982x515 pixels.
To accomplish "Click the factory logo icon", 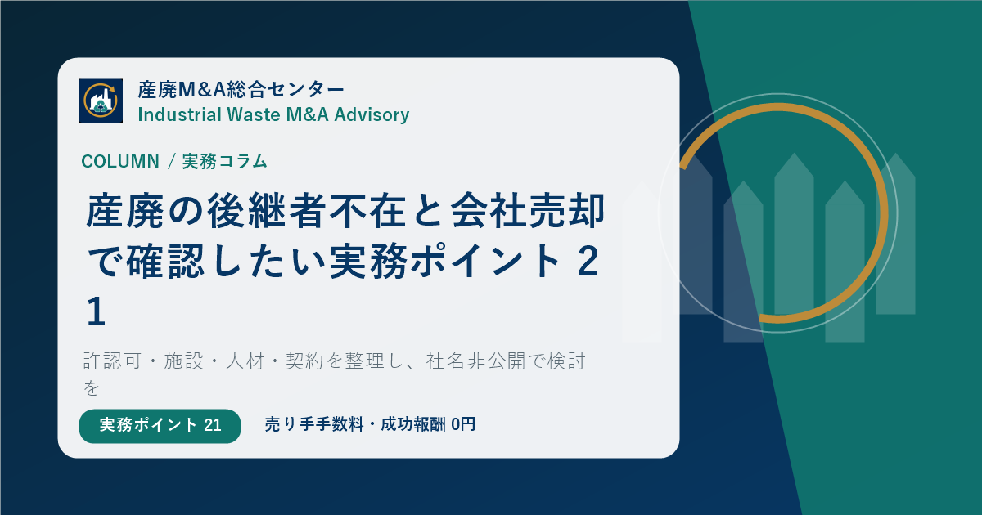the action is (x=101, y=101).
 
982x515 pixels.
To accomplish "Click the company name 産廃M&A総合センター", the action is (x=241, y=90).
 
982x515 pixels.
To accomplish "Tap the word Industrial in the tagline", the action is (x=180, y=114).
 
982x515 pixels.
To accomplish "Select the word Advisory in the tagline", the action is (x=372, y=114).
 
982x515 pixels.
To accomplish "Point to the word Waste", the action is (x=254, y=114).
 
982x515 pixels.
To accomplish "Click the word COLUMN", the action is (x=120, y=162).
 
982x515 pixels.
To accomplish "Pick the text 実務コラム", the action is (x=225, y=161).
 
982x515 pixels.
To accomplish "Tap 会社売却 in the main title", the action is (x=529, y=211).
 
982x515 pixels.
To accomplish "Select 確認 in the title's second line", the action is (x=164, y=262).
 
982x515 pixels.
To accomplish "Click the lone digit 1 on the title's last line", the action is (x=96, y=311).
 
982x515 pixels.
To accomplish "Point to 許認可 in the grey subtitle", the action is (x=112, y=361).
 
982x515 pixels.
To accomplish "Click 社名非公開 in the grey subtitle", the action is (x=475, y=361).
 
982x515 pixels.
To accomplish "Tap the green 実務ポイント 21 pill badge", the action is (x=160, y=426).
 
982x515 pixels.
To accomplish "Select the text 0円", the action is (x=463, y=424).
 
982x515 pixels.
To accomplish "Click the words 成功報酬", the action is (x=413, y=424).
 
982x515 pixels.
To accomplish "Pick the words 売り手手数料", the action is (x=314, y=424).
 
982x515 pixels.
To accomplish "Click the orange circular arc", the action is (x=886, y=213).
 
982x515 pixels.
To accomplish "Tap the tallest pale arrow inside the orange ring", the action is (x=794, y=234).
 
